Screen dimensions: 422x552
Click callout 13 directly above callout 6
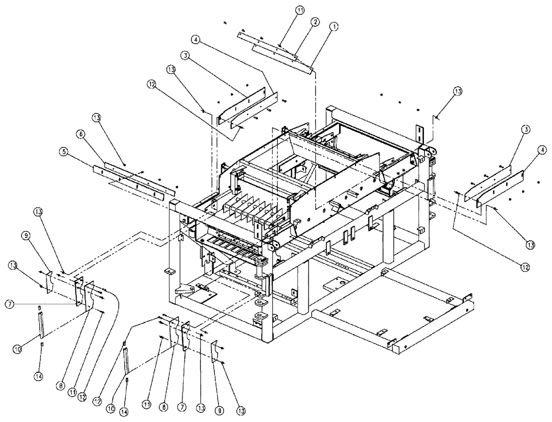97,118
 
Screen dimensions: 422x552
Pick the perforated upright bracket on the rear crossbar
419,133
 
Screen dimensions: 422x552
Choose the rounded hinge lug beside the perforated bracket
430,150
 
